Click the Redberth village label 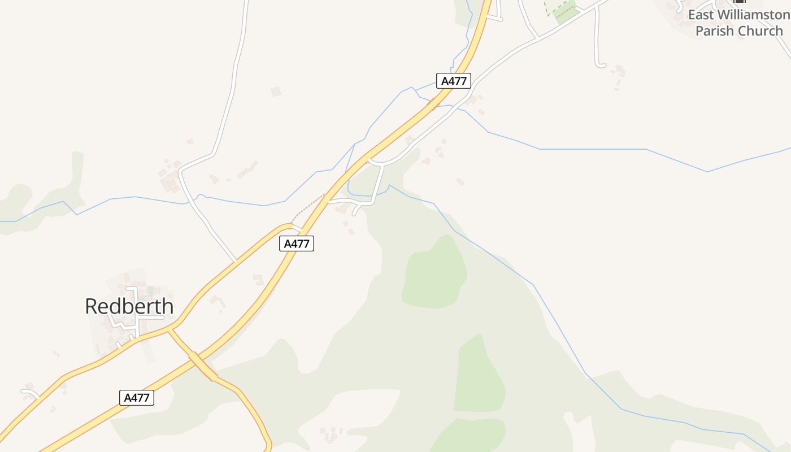point(129,306)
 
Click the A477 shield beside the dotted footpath point(297,244)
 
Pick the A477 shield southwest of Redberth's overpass point(137,398)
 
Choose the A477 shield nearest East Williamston point(453,81)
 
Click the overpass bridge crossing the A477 point(202,366)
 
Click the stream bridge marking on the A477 point(433,103)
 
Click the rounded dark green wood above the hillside point(434,273)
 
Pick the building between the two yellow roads point(259,279)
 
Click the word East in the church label point(701,15)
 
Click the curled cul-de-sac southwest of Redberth point(28,392)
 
